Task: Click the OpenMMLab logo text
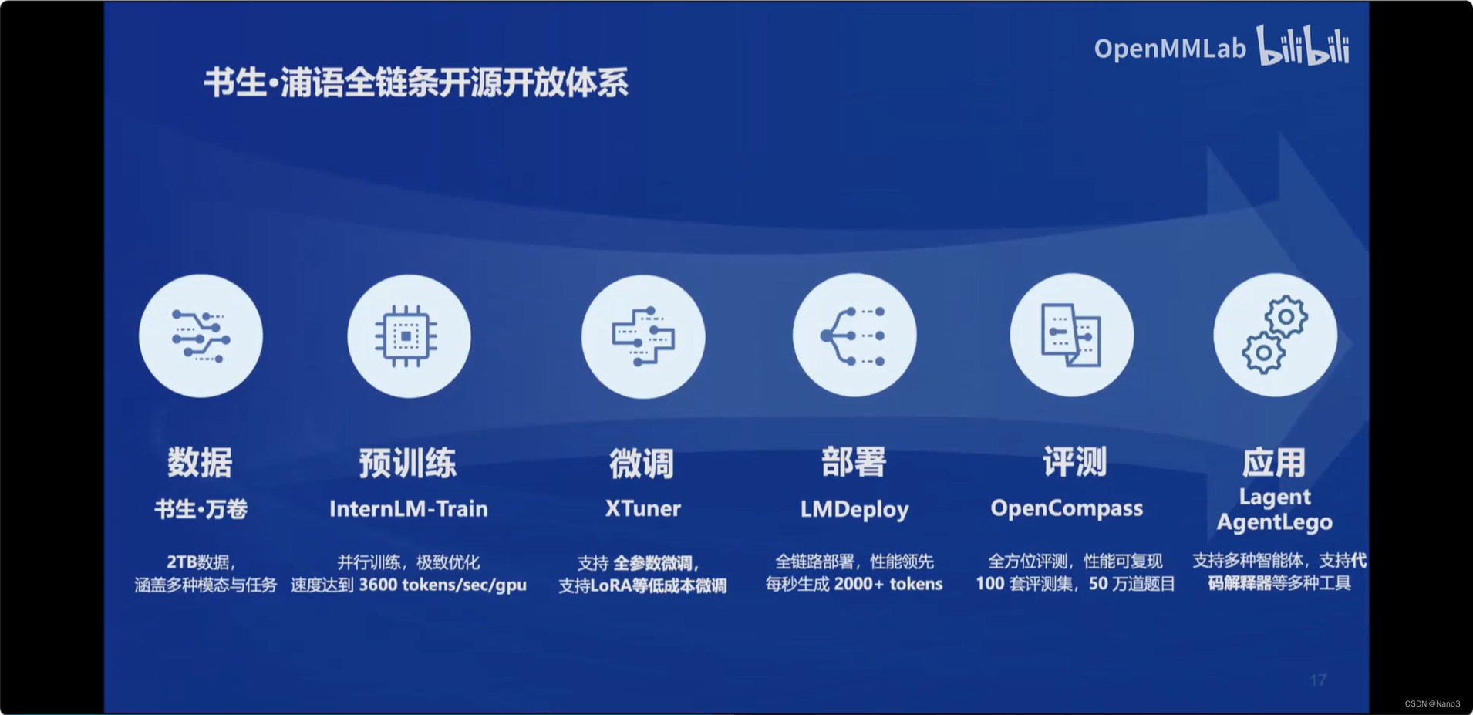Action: point(1169,49)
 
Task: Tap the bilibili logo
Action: point(1304,46)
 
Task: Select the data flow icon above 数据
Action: point(201,336)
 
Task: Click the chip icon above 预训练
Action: point(409,336)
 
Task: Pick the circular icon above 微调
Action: point(643,336)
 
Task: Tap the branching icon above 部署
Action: point(854,336)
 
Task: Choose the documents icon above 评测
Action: point(1072,336)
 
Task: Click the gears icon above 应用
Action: point(1275,336)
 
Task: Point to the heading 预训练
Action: point(407,463)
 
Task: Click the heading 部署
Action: point(854,462)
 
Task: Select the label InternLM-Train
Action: point(409,509)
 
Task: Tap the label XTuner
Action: point(643,508)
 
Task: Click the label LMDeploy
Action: point(854,509)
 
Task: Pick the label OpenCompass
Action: point(1067,508)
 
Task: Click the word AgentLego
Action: point(1274,522)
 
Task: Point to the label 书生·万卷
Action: point(201,509)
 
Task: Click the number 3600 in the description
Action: point(378,585)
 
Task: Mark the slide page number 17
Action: point(1318,680)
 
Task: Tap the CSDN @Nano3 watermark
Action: point(1432,703)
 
